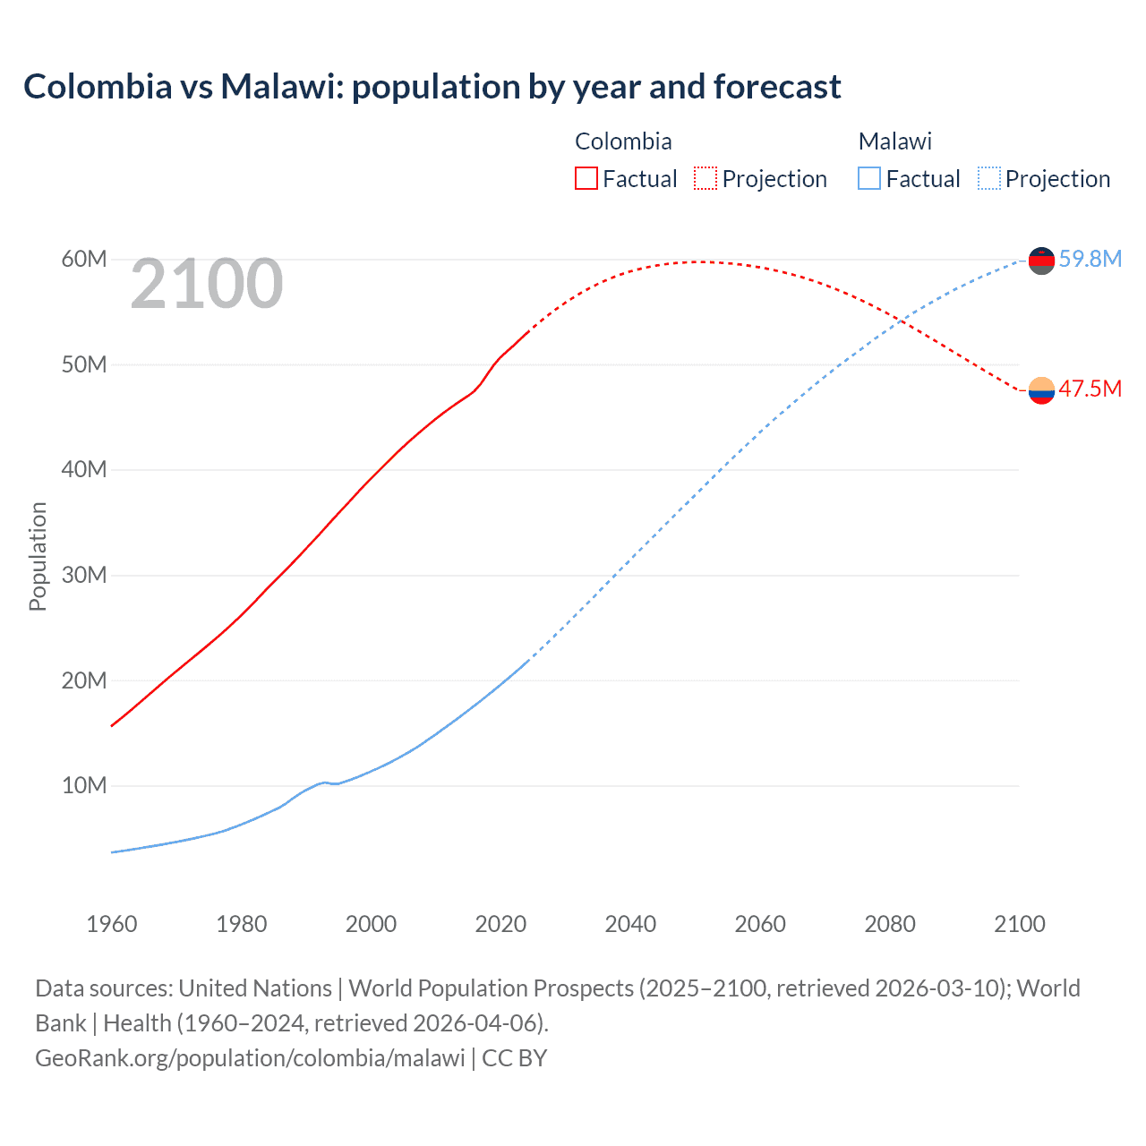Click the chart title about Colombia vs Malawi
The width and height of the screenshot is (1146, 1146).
432,87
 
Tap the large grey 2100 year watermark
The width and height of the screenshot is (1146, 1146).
207,285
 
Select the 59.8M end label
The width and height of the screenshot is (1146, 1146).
1090,259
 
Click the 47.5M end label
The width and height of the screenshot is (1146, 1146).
1090,389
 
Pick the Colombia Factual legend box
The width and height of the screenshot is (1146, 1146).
586,178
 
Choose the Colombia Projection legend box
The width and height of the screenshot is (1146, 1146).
706,178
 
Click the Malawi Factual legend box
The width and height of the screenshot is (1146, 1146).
869,178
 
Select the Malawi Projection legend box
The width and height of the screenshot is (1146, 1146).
989,178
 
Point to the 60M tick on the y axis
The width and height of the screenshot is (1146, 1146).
84,259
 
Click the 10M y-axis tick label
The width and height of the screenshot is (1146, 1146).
84,785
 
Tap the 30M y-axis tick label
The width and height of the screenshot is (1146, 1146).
84,575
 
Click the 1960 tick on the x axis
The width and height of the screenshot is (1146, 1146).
112,924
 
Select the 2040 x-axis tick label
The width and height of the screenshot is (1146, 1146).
630,924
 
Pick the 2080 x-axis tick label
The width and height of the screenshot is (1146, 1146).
890,924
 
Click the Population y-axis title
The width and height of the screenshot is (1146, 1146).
38,556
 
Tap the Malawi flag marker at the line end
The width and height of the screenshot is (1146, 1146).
1041,261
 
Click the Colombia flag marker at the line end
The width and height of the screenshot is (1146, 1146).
1041,390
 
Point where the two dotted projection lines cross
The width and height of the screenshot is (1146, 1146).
902,320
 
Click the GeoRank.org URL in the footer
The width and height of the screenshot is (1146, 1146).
250,1057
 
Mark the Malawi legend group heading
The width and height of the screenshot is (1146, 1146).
894,141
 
